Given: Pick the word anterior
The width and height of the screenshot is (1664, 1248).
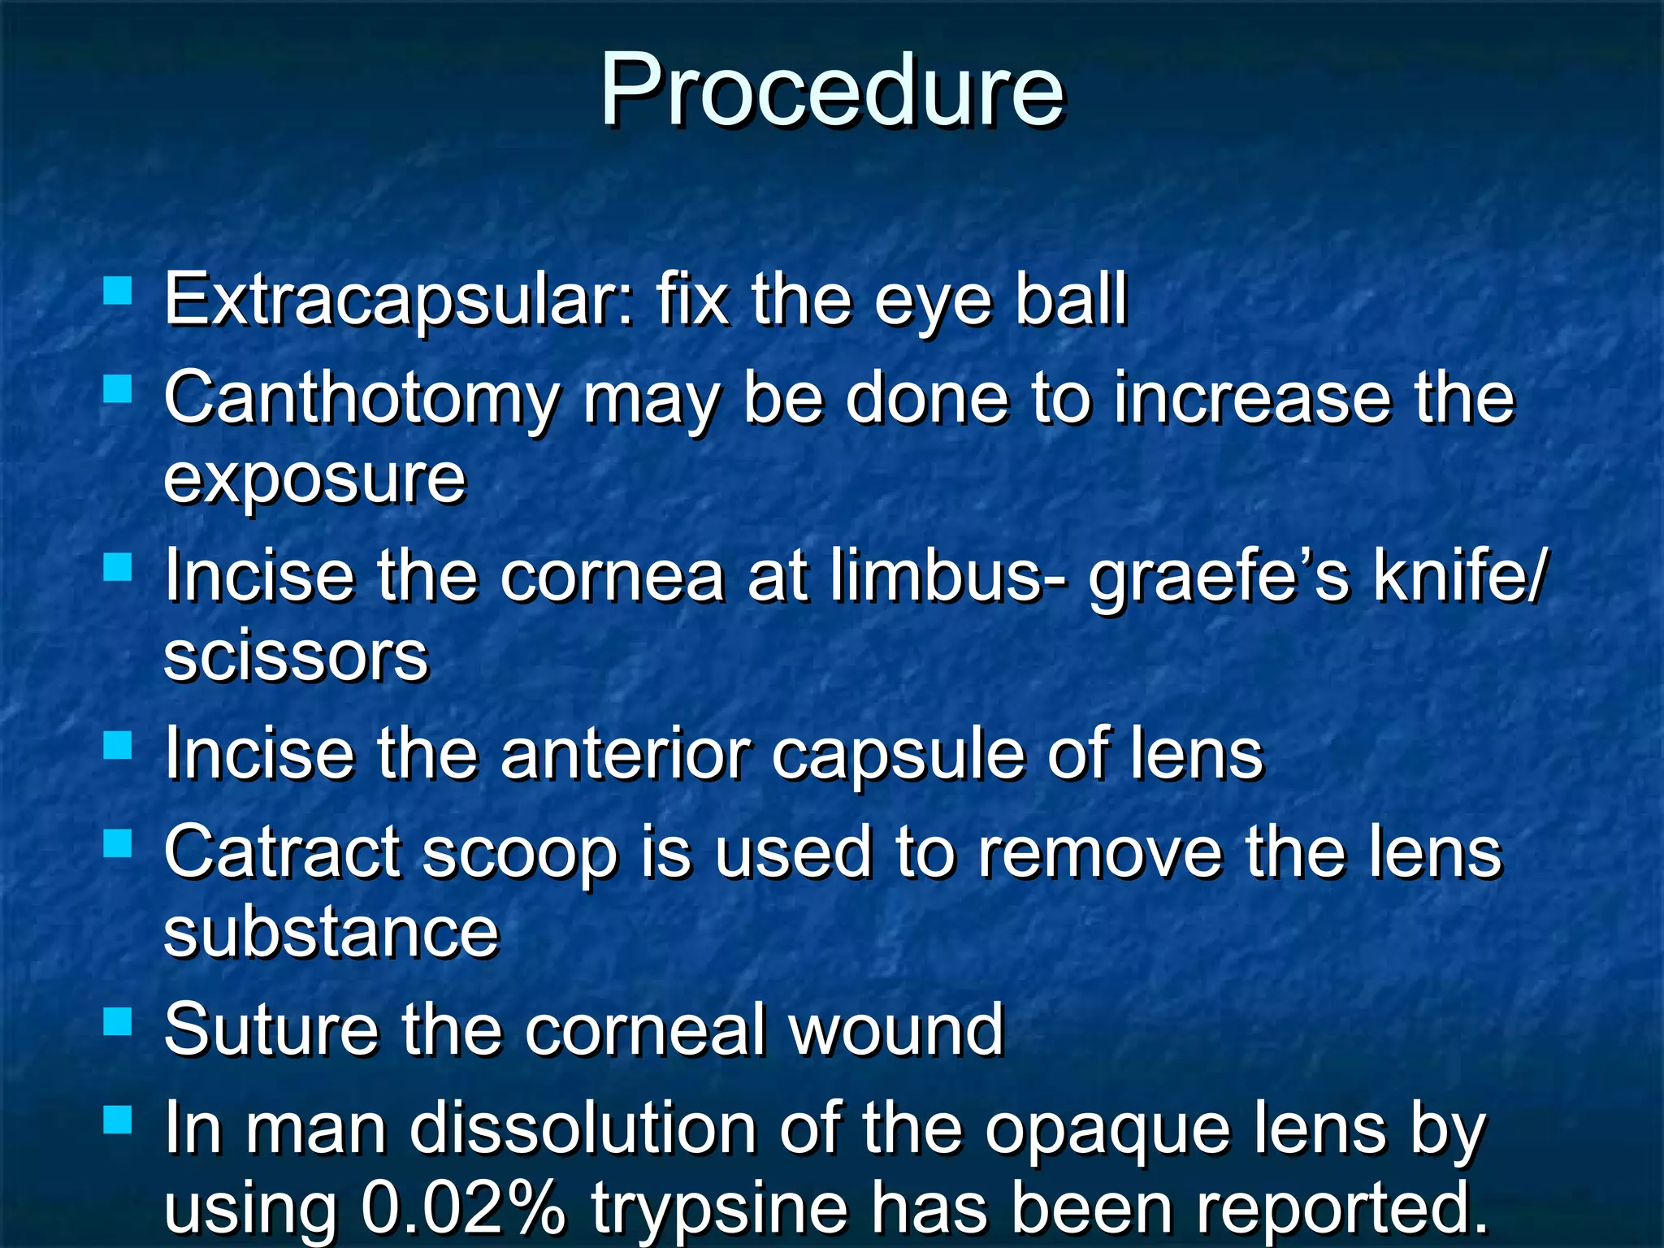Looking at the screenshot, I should coord(624,754).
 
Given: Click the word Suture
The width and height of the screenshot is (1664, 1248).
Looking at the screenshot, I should coord(271,1030).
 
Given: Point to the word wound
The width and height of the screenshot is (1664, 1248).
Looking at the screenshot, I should coord(897,1030).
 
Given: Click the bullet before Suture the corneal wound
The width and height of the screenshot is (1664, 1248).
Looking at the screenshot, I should coord(119,1021).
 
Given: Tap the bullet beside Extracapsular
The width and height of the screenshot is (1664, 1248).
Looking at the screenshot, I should coord(119,290).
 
